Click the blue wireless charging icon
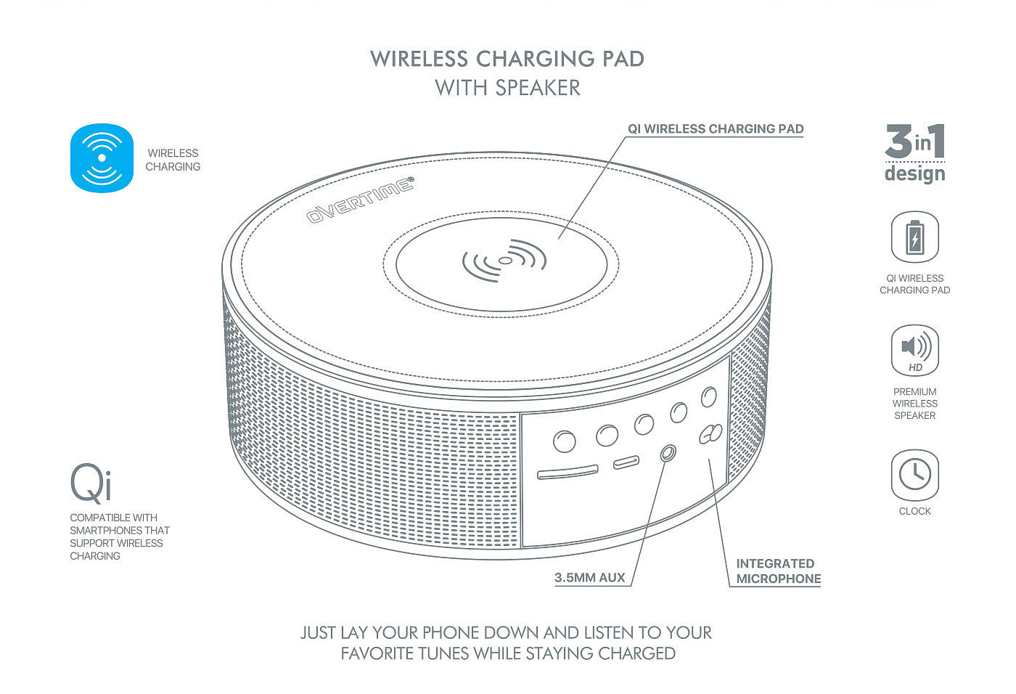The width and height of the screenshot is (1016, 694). coord(102,158)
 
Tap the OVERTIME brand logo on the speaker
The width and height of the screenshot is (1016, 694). coord(360,199)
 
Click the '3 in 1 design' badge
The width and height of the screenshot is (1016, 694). coord(914,152)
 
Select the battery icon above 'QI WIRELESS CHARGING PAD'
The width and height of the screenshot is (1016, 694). coord(914,237)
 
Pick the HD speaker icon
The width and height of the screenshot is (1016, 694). coord(914,351)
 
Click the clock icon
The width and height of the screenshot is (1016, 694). coord(914,475)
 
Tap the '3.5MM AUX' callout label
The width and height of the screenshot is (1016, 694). coord(589,578)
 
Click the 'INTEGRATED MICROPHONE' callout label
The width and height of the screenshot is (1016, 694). coord(778,571)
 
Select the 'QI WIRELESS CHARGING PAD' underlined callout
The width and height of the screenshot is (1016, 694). coord(716,129)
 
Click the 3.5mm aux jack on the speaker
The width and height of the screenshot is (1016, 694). coord(668,453)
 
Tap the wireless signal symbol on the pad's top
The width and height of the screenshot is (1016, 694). coord(504,259)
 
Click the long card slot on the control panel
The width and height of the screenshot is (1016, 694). coord(568,473)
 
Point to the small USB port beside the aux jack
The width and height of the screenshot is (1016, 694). coord(626,462)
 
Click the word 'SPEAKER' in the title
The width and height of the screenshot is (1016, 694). coord(538,88)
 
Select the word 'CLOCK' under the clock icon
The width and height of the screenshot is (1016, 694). coord(914,511)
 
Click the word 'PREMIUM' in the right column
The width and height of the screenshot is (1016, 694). coord(914,391)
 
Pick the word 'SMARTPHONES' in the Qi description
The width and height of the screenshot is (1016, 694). coord(106,531)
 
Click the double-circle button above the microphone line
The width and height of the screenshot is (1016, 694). coord(710,433)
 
